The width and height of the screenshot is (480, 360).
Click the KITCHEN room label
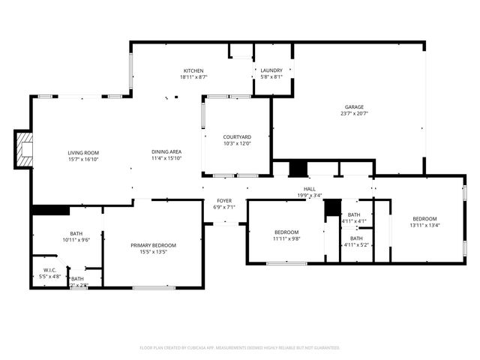point(193,70)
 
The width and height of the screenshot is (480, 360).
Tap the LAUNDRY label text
point(271,70)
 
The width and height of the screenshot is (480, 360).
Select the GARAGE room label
point(354,106)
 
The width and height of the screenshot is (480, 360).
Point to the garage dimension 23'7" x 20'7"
point(354,113)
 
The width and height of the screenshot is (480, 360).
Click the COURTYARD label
point(237,136)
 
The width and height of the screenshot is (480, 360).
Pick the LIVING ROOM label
point(83,152)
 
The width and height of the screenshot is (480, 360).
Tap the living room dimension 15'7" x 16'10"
point(83,159)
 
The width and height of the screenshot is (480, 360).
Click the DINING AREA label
point(166,152)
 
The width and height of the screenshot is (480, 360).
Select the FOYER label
point(224,200)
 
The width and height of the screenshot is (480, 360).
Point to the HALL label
point(310,189)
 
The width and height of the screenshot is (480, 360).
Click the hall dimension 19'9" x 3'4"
point(310,196)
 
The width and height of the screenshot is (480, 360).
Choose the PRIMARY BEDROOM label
point(153,245)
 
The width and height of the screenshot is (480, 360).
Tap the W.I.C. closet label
point(50,271)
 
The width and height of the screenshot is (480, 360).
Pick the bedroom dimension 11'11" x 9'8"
point(286,238)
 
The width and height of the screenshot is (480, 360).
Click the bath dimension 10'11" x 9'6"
point(76,240)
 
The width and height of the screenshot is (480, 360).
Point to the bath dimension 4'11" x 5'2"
point(356,244)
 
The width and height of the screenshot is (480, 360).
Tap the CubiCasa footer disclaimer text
point(240,347)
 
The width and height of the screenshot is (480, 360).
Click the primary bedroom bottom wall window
point(154,288)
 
